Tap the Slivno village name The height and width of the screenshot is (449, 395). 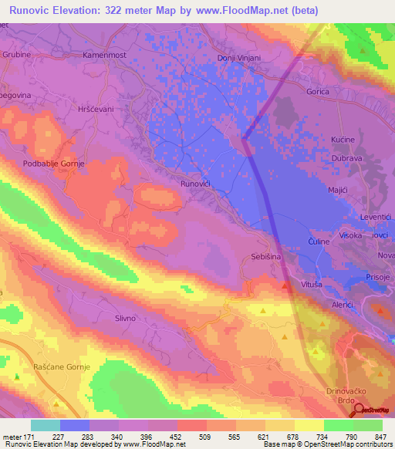[x=125, y=319]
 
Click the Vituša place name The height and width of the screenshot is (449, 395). [x=312, y=285]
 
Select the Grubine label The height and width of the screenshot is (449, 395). [x=15, y=57]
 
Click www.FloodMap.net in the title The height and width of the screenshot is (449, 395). [x=237, y=9]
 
